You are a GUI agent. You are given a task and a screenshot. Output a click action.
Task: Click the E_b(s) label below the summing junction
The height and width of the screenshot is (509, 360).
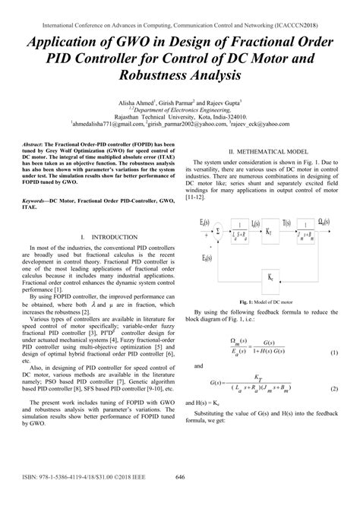tap(207, 258)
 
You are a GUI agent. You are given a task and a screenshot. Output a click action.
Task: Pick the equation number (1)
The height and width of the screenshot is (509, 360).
tap(334, 354)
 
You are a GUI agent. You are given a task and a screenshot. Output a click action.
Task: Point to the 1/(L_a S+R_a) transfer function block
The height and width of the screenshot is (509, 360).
tap(241, 229)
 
